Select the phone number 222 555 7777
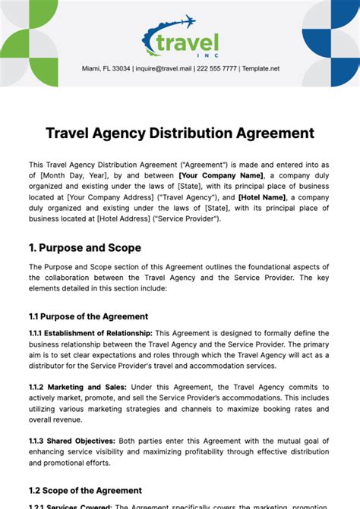tap(217, 68)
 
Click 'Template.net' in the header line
tap(261, 68)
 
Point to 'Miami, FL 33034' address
tap(106, 68)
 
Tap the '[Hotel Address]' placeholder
tap(123, 218)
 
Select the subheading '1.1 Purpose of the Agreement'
tap(88, 316)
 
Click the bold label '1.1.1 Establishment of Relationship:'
tap(90, 333)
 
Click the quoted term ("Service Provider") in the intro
tap(188, 218)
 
